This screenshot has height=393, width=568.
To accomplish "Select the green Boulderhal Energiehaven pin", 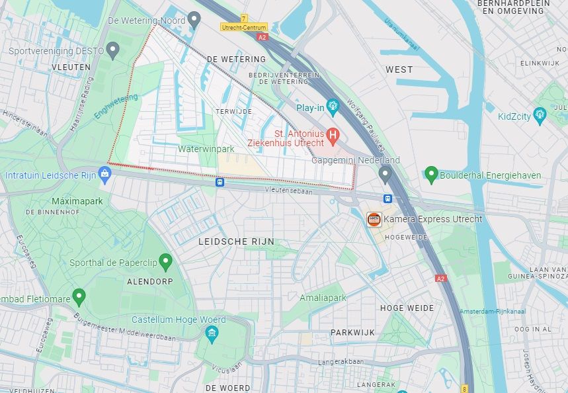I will coord(431,175).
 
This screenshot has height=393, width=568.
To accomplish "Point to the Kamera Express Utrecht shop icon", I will coord(374,219).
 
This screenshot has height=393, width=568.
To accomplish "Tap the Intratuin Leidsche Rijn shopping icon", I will coord(104,175).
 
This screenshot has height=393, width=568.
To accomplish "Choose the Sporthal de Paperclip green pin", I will coord(165,262).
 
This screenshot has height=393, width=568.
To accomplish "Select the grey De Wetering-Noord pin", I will coord(194,19).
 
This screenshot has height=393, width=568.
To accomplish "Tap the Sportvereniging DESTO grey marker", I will coord(113,50).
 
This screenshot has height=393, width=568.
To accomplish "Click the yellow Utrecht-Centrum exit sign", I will coord(245,27).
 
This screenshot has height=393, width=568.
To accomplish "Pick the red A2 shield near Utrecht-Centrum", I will coord(263,37).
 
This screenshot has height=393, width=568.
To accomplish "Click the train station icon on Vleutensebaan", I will coord(220,181).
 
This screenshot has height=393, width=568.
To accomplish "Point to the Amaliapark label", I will coord(323,298).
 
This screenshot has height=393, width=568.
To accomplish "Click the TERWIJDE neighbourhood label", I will coord(234,112).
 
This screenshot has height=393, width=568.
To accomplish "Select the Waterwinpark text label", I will coord(206,150).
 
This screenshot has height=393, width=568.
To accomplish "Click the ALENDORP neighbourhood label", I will coord(150,281).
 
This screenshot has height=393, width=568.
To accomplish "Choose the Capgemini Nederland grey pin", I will coord(385,175).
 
